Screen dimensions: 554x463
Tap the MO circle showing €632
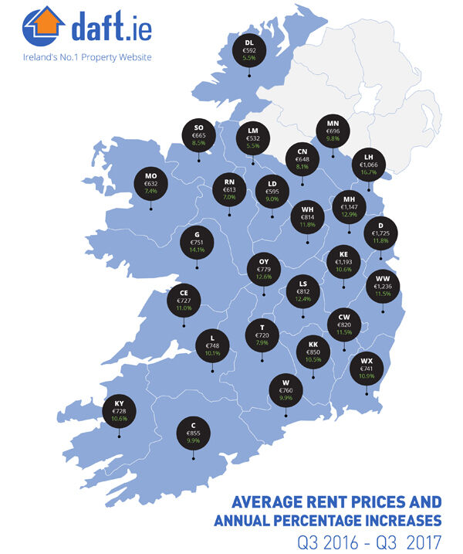pos(150,184)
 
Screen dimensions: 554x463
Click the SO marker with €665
pos(198,134)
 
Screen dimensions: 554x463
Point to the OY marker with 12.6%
pos(262,269)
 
